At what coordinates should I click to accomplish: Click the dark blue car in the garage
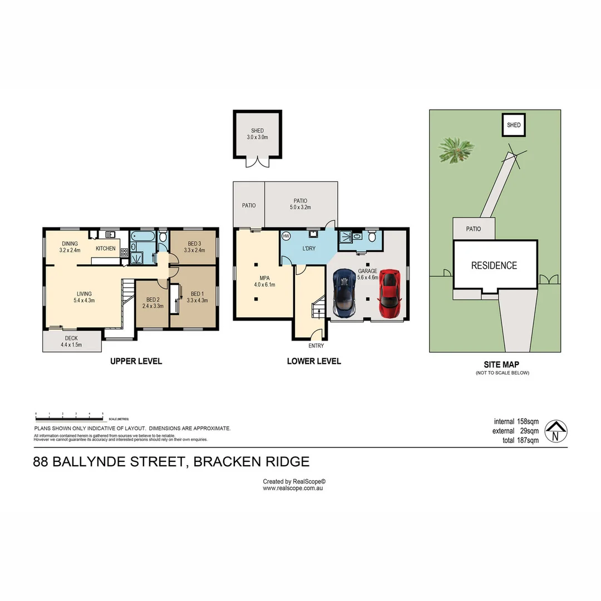pos(344,293)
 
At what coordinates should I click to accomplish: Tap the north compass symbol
pos(555,430)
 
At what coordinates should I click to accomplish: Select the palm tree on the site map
pos(456,149)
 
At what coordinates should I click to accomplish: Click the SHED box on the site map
pos(514,125)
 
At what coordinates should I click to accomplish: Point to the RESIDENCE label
pos(494,265)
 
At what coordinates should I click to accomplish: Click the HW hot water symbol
pos(287,236)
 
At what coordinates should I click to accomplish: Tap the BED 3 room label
pos(194,247)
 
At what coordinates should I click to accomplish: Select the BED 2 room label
pos(152,302)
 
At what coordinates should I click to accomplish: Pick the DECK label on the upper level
pos(71,341)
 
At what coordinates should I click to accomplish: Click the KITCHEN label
pos(106,248)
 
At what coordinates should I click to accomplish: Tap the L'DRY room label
pos(309,249)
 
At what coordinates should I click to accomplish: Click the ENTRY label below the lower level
pos(316,346)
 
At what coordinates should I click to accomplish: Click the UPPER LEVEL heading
pos(136,361)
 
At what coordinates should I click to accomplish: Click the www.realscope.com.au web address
pos(293,488)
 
